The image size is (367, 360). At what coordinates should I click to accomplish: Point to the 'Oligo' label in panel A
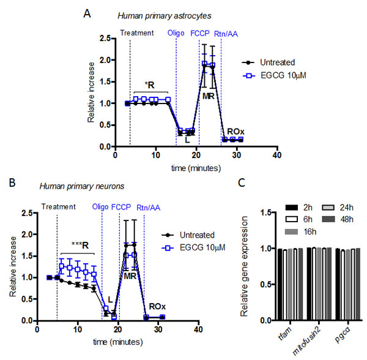(176, 32)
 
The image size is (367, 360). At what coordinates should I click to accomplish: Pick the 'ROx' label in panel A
(234, 131)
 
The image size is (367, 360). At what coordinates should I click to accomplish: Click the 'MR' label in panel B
(129, 276)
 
